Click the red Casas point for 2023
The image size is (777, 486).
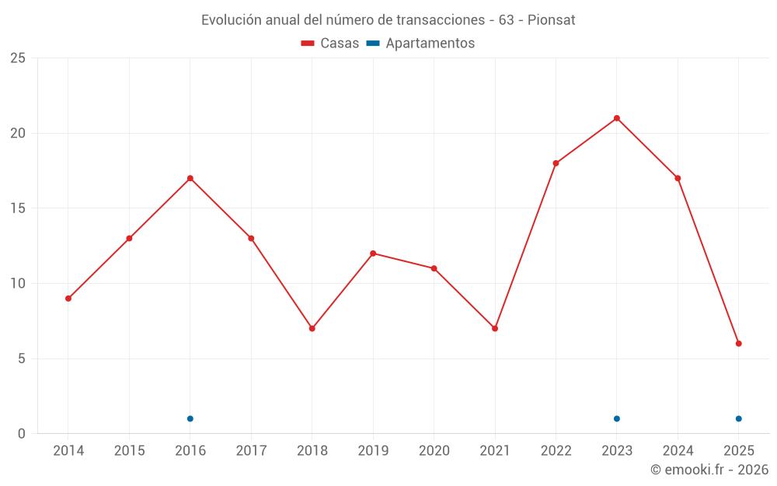tap(617, 118)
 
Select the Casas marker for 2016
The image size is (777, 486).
tap(190, 178)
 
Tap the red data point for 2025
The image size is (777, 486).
tap(739, 344)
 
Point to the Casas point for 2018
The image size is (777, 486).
tap(312, 328)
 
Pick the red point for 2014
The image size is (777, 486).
tap(68, 299)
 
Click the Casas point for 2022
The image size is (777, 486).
tap(556, 163)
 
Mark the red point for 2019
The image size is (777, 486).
tap(373, 253)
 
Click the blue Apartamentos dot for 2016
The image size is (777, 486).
tap(190, 419)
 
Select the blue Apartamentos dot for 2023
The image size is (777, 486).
tap(617, 419)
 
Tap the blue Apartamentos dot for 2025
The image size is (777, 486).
tap(739, 419)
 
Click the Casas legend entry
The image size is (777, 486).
tap(330, 44)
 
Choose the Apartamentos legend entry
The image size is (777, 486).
tap(420, 44)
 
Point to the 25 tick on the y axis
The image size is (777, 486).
tap(18, 58)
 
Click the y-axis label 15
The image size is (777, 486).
tap(18, 208)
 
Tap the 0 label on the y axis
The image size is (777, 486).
tap(22, 434)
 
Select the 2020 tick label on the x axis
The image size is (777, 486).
tap(434, 451)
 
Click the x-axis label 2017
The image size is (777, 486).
tap(251, 451)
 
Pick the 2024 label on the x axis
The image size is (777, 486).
tap(678, 451)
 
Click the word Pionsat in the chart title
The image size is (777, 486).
tap(551, 20)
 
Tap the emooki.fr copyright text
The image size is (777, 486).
tap(709, 470)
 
